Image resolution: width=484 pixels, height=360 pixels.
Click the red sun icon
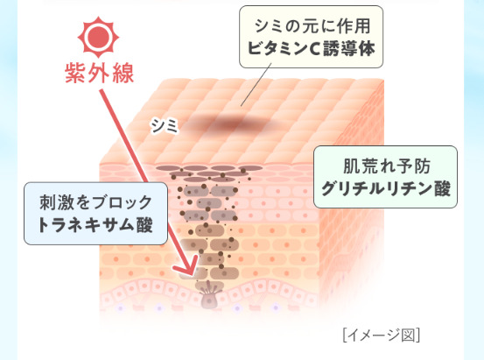[98, 37]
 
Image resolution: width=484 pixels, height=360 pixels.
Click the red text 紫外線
[100, 73]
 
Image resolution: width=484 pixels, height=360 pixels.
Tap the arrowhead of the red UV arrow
[186, 266]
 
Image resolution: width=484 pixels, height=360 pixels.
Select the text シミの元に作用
[312, 25]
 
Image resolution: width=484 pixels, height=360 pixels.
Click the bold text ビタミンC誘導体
[312, 48]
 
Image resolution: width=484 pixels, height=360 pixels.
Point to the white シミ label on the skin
[165, 125]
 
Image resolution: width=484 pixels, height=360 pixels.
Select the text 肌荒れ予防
[387, 166]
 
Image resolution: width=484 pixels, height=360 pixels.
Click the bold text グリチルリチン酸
[386, 187]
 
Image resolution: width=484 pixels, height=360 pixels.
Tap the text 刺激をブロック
[96, 202]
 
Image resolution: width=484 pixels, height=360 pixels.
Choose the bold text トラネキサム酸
[95, 224]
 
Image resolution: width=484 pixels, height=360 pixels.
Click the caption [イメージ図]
[382, 335]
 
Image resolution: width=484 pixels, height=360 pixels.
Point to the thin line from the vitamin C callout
[256, 85]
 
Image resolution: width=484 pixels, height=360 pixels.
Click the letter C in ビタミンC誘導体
[314, 49]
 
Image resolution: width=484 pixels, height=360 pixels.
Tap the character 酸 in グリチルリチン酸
[443, 187]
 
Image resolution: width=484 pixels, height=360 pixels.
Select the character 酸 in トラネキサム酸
[144, 224]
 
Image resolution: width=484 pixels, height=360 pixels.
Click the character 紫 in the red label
[75, 73]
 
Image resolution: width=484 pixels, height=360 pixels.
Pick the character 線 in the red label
[123, 73]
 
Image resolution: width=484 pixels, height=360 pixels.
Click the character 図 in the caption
[408, 335]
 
